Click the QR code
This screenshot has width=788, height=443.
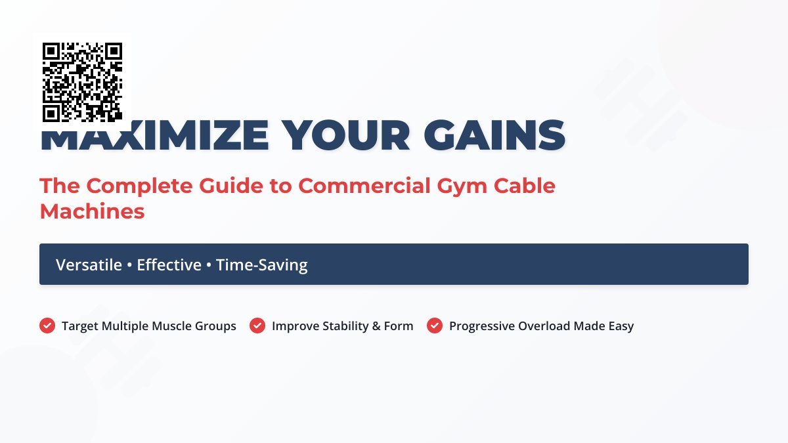pyautogui.click(x=82, y=82)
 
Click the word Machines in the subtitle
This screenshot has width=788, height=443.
pyautogui.click(x=92, y=211)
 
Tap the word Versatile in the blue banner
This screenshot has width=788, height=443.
pyautogui.click(x=89, y=265)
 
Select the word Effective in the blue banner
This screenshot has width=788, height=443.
pyautogui.click(x=169, y=265)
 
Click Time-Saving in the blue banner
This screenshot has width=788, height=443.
pyautogui.click(x=261, y=265)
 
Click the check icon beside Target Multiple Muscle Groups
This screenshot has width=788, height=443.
pyautogui.click(x=47, y=326)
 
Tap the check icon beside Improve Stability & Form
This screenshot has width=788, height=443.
pyautogui.click(x=257, y=326)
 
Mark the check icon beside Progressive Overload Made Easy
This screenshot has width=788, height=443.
pyautogui.click(x=435, y=326)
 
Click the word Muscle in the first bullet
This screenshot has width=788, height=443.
pyautogui.click(x=171, y=326)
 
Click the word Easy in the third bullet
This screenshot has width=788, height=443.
pyautogui.click(x=621, y=326)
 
